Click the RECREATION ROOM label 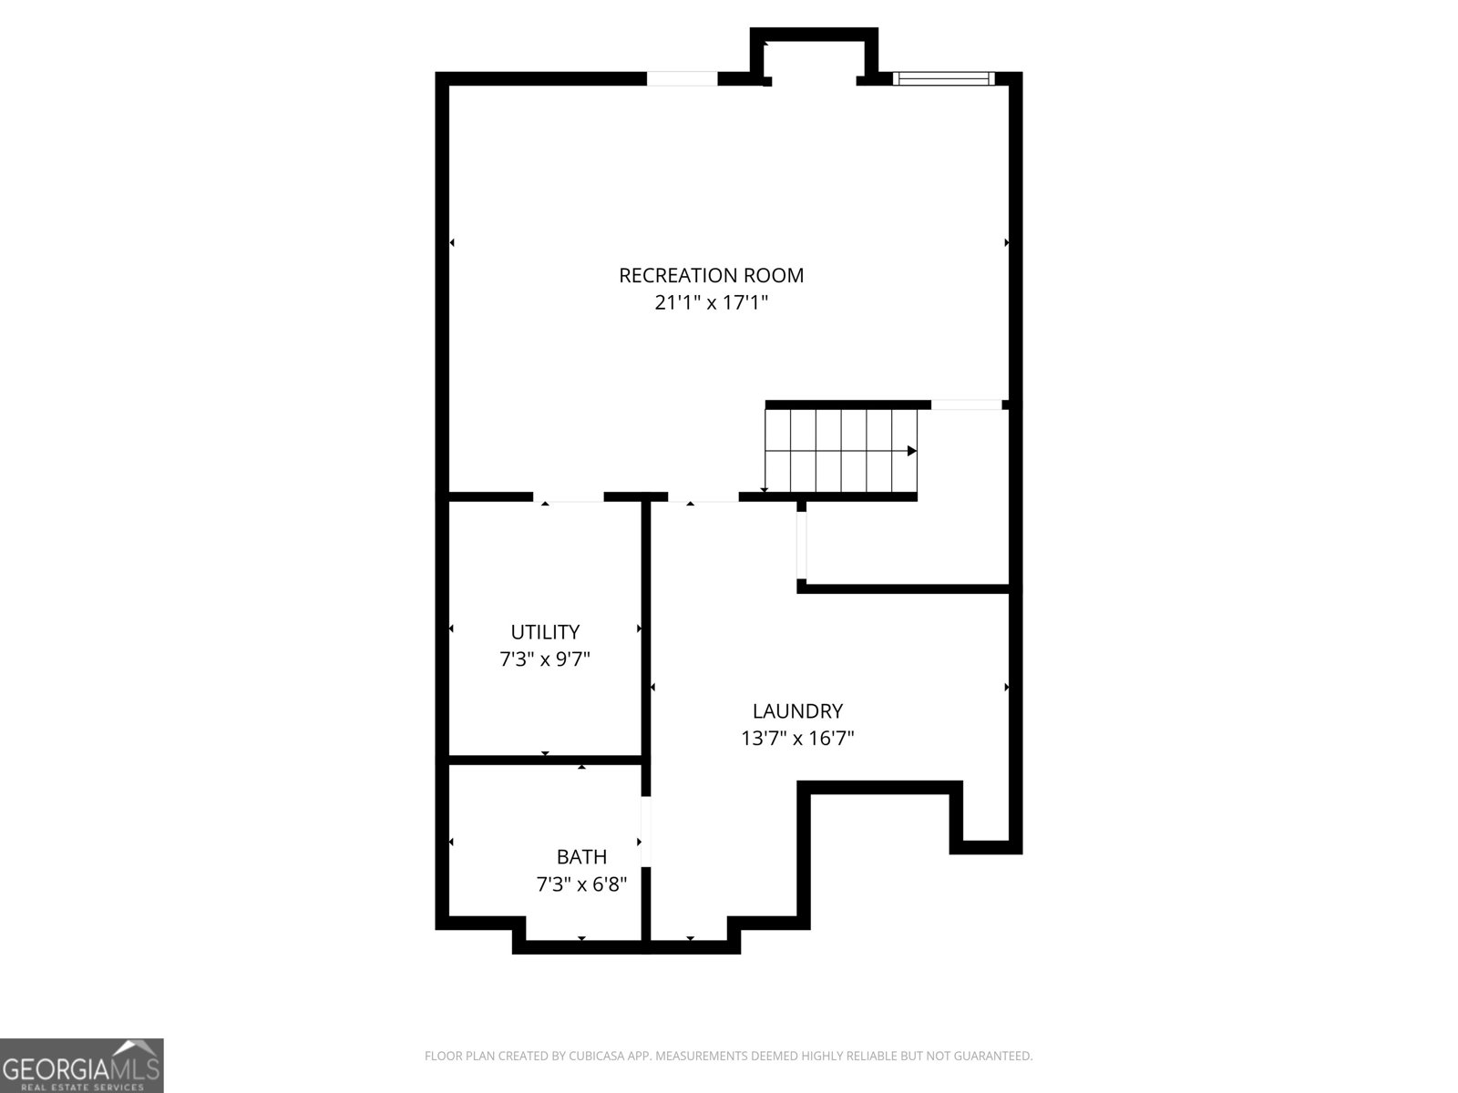click(x=711, y=275)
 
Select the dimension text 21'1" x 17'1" click(x=711, y=302)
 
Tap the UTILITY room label click(x=545, y=632)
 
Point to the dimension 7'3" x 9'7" click(x=545, y=659)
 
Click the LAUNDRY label click(x=797, y=711)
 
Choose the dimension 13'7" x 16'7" click(x=797, y=739)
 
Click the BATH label click(x=581, y=857)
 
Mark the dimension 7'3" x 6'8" click(x=581, y=884)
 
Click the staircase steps click(x=838, y=451)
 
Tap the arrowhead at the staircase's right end click(x=911, y=451)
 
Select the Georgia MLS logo click(x=82, y=1065)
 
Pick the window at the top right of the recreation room click(x=943, y=78)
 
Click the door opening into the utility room click(x=569, y=497)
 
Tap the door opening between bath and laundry click(x=646, y=832)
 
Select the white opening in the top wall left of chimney click(x=683, y=78)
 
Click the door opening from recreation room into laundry click(x=703, y=497)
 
